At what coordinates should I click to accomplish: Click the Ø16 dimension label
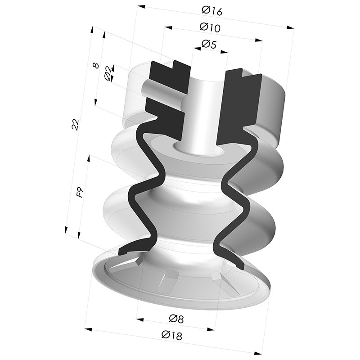pos(212,11)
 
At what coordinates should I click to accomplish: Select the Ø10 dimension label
pos(210,27)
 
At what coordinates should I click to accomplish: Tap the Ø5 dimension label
pos(209,44)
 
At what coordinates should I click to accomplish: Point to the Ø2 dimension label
pos(108,73)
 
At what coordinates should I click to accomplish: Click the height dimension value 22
pos(75,125)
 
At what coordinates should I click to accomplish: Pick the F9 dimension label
pos(80,192)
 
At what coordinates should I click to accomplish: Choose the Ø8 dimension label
pos(176,319)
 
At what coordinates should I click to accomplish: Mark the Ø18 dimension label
pos(172,335)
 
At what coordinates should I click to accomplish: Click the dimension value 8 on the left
pos(96,65)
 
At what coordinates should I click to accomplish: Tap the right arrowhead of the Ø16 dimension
pos(290,27)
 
